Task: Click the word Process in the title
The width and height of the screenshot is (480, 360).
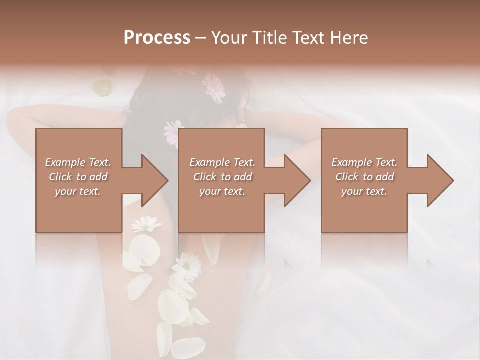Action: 157,38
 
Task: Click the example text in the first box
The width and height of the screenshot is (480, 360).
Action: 78,177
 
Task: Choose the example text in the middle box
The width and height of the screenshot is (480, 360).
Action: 222,177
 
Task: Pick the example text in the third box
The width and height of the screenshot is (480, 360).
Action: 364,177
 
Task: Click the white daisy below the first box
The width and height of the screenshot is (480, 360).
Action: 146,224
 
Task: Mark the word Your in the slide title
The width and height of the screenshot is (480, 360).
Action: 228,38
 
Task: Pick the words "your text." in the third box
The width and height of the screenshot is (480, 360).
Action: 364,191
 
